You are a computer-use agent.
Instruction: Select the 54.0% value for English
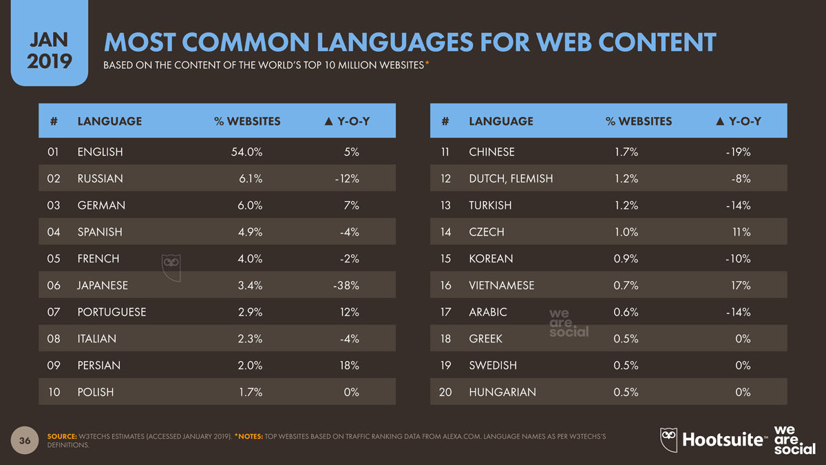click(246, 152)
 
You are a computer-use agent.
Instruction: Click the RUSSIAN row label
click(100, 178)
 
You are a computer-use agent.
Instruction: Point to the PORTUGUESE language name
click(112, 312)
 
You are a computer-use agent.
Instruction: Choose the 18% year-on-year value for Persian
click(349, 365)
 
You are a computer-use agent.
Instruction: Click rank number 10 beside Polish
click(54, 392)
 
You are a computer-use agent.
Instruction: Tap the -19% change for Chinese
click(737, 152)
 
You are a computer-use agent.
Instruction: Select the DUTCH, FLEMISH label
click(510, 178)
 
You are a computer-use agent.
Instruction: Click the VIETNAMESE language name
click(501, 285)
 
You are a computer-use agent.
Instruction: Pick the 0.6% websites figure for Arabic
click(626, 312)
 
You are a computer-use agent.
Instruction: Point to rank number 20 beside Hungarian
click(445, 392)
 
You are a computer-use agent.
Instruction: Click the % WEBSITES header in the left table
click(247, 121)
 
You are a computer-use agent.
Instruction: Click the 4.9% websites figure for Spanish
click(248, 232)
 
